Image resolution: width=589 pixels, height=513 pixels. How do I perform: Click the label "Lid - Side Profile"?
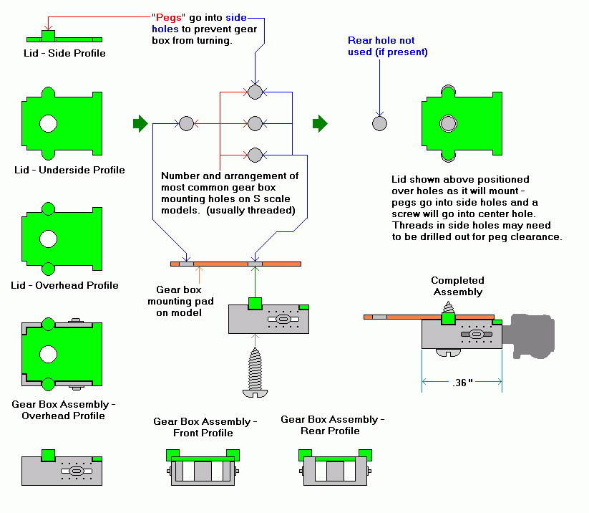pyautogui.click(x=64, y=53)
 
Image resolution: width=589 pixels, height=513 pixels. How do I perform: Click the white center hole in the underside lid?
pyautogui.click(x=48, y=123)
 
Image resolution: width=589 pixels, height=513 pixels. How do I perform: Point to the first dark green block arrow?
pyautogui.click(x=140, y=123)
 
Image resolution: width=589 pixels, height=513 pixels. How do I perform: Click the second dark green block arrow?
pyautogui.click(x=320, y=123)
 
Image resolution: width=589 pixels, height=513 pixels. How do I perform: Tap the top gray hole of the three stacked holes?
pyautogui.click(x=255, y=92)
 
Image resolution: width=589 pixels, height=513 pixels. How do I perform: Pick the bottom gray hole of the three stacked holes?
pyautogui.click(x=255, y=155)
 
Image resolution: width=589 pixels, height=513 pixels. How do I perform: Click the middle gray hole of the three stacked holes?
pyautogui.click(x=255, y=123)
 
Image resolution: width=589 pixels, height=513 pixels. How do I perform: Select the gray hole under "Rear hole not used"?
pyautogui.click(x=380, y=123)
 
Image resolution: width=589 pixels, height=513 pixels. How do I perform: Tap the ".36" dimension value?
pyautogui.click(x=463, y=383)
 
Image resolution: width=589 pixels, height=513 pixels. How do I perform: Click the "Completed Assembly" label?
pyautogui.click(x=457, y=286)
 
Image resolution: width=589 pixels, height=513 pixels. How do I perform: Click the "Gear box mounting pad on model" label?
pyautogui.click(x=179, y=301)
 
